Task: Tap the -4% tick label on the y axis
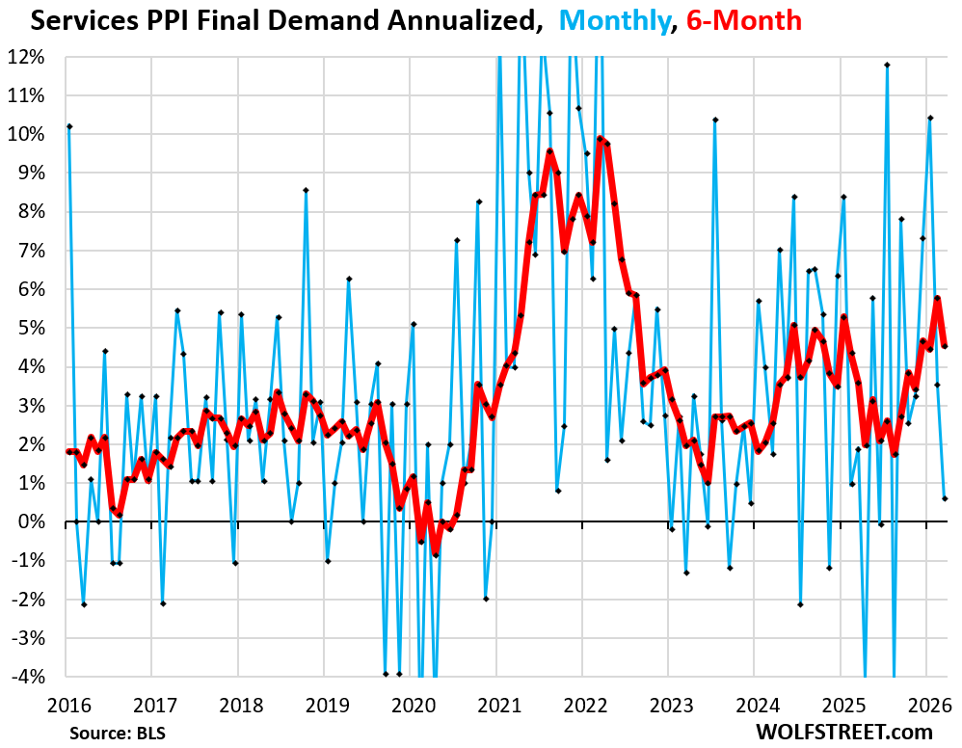[29, 677]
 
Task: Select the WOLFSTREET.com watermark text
[860, 731]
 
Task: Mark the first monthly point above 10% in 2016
[69, 126]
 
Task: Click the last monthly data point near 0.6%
[945, 498]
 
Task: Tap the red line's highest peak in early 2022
[600, 138]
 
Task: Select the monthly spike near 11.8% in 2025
[887, 65]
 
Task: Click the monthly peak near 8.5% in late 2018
[306, 190]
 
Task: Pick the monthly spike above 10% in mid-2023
[715, 120]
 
